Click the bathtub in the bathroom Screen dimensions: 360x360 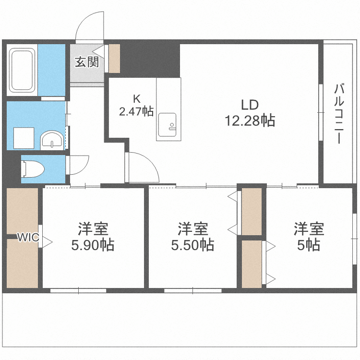[22, 71]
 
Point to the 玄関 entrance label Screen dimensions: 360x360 [86, 62]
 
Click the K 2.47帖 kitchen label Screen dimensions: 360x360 [136, 106]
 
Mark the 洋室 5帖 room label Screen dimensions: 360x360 [309, 236]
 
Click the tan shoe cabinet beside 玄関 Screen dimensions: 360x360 [114, 59]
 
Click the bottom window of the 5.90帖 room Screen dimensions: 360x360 [78, 290]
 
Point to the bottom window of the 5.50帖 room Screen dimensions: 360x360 [192, 290]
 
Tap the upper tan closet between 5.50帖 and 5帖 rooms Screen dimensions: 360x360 [252, 211]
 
